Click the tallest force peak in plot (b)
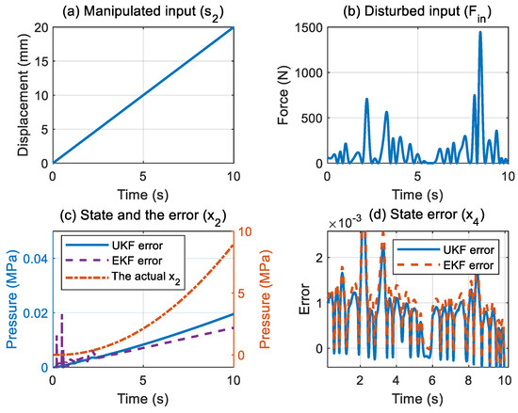(x=480, y=33)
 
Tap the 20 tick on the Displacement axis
(x=40, y=26)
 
